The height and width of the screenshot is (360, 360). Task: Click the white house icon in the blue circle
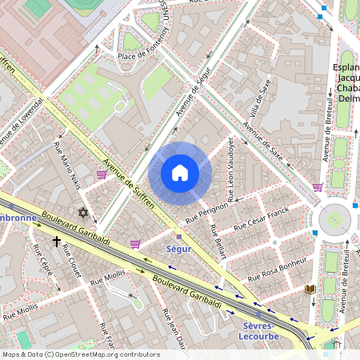180,173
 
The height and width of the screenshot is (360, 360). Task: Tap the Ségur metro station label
178,249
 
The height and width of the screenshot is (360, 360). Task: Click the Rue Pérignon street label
206,211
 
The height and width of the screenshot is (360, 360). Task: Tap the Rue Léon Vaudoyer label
230,170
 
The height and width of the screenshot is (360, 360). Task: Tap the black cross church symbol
57,240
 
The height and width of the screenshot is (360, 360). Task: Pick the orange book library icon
311,289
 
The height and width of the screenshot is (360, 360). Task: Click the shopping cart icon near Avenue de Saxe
318,186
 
